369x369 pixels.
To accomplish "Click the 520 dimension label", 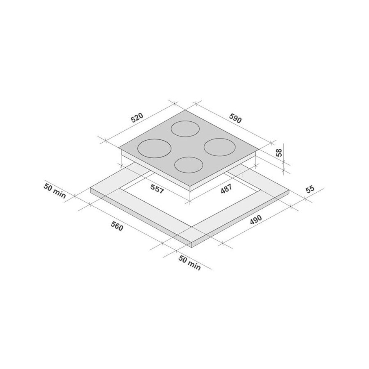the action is [137, 118].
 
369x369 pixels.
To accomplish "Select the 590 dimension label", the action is [235, 118].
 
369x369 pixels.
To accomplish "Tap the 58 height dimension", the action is [279, 153].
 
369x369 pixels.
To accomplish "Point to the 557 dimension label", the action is [157, 189].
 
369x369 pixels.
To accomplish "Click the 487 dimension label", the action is [226, 189].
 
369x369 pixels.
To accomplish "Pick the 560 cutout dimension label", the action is [117, 226].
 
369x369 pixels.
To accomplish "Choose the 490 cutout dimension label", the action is [255, 220].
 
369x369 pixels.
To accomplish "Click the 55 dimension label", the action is [310, 189].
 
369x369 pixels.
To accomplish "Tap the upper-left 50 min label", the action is [55, 191].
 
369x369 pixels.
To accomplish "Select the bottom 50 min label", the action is [189, 263].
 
